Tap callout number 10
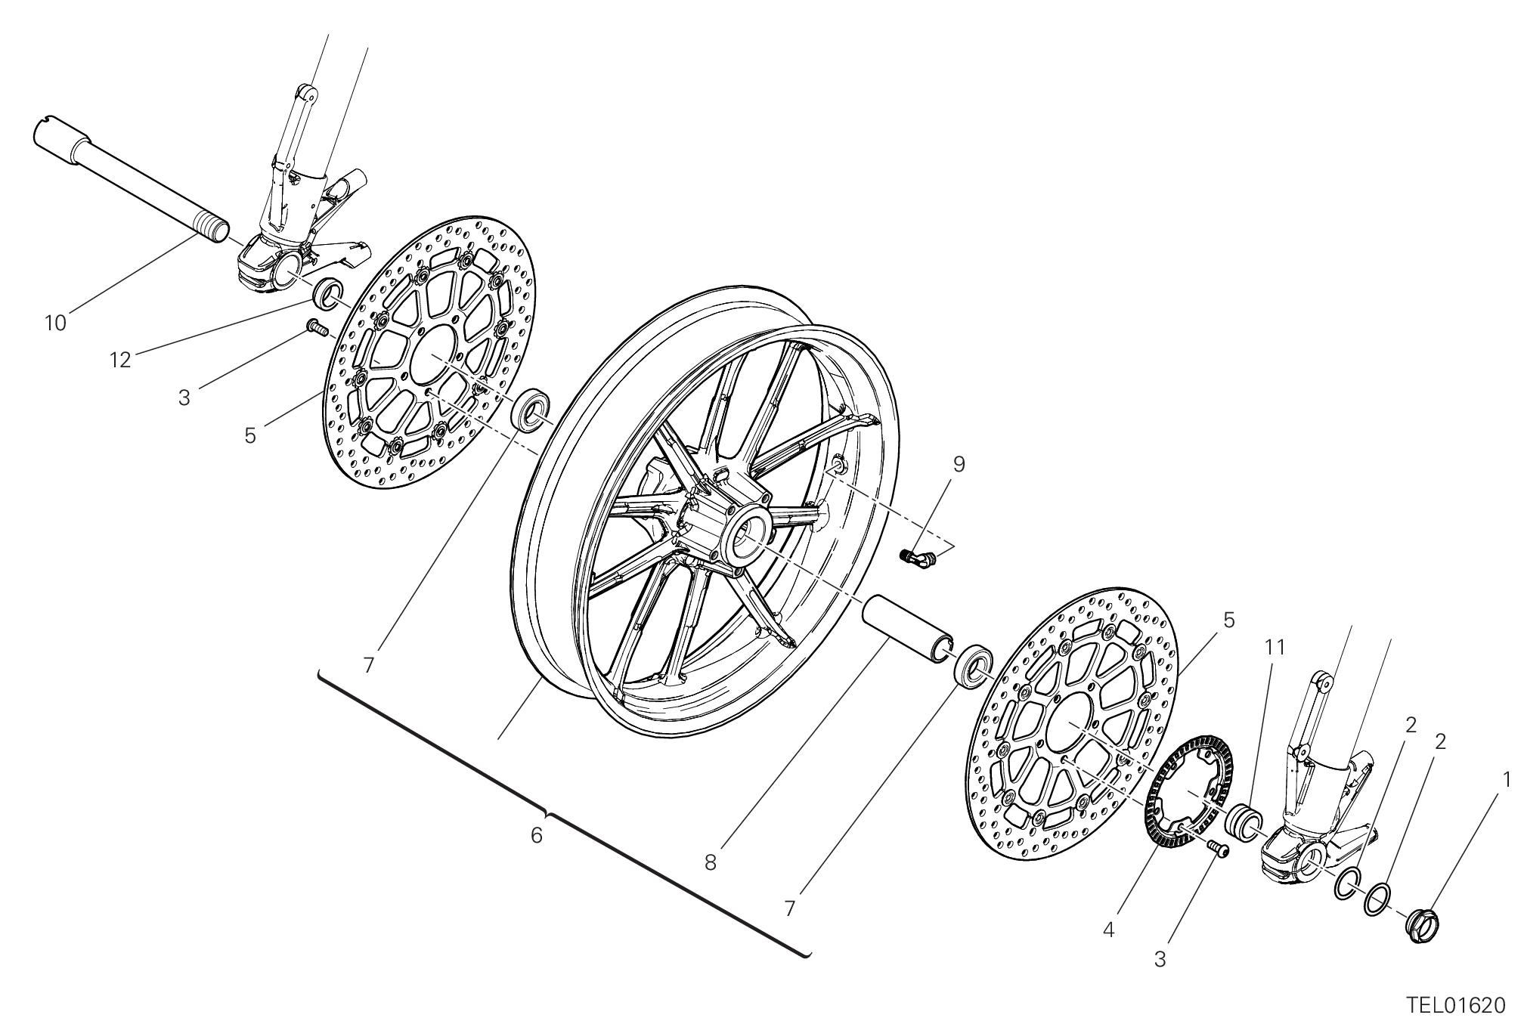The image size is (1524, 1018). [x=55, y=323]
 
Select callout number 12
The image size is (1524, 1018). [x=119, y=360]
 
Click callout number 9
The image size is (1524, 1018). [x=959, y=464]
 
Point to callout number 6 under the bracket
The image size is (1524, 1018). [x=537, y=836]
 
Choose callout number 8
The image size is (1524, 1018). [x=711, y=862]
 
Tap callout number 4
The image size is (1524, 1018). [x=1108, y=930]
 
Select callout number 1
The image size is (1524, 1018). [x=1506, y=780]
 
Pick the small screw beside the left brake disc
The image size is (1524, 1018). [x=314, y=327]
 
